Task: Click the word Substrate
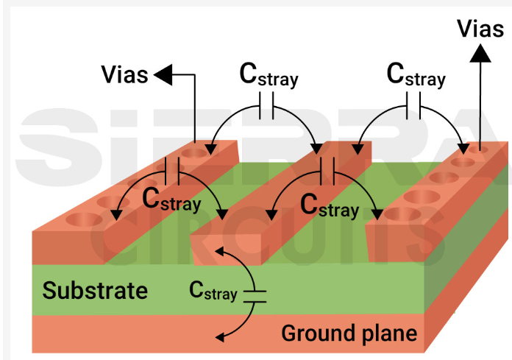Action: [95, 290]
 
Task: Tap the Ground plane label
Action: [349, 333]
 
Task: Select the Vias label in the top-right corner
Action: [480, 29]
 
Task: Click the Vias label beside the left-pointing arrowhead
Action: [124, 74]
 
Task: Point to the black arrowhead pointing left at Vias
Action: [162, 74]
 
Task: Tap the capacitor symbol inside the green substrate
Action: [255, 296]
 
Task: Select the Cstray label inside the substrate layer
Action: [213, 292]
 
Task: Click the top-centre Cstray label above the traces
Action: [269, 75]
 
